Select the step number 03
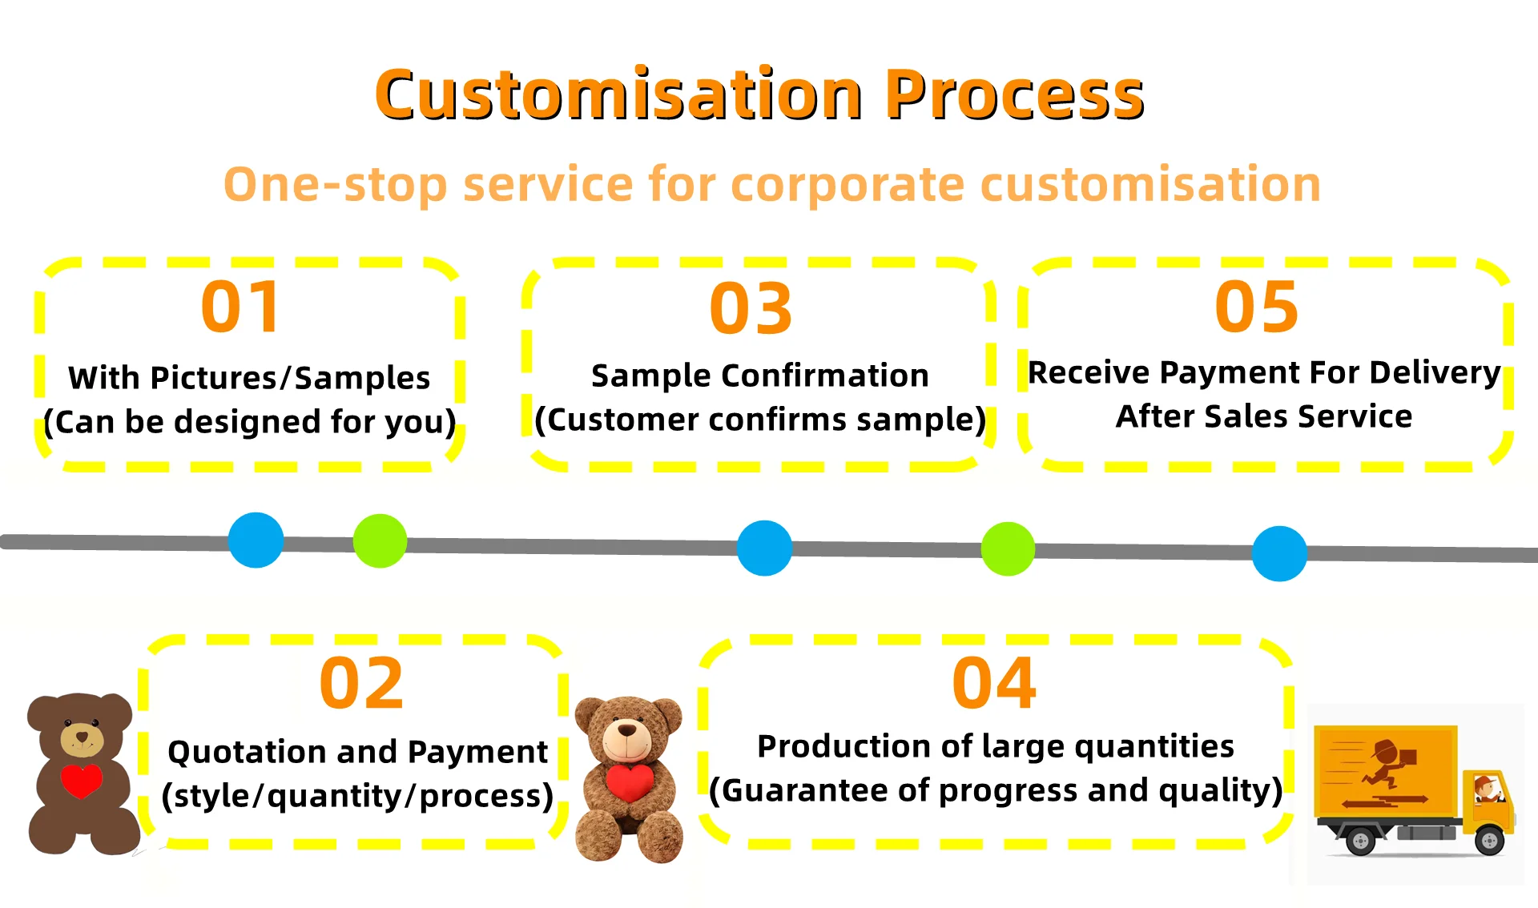click(751, 309)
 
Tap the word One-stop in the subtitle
click(334, 184)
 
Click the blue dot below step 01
click(256, 540)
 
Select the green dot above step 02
click(380, 541)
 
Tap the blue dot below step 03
click(764, 548)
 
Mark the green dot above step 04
click(1008, 548)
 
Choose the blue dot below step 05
click(1279, 553)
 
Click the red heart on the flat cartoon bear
click(81, 781)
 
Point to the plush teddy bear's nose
click(627, 729)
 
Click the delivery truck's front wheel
click(1489, 841)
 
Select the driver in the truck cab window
click(1486, 789)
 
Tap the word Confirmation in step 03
click(824, 376)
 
